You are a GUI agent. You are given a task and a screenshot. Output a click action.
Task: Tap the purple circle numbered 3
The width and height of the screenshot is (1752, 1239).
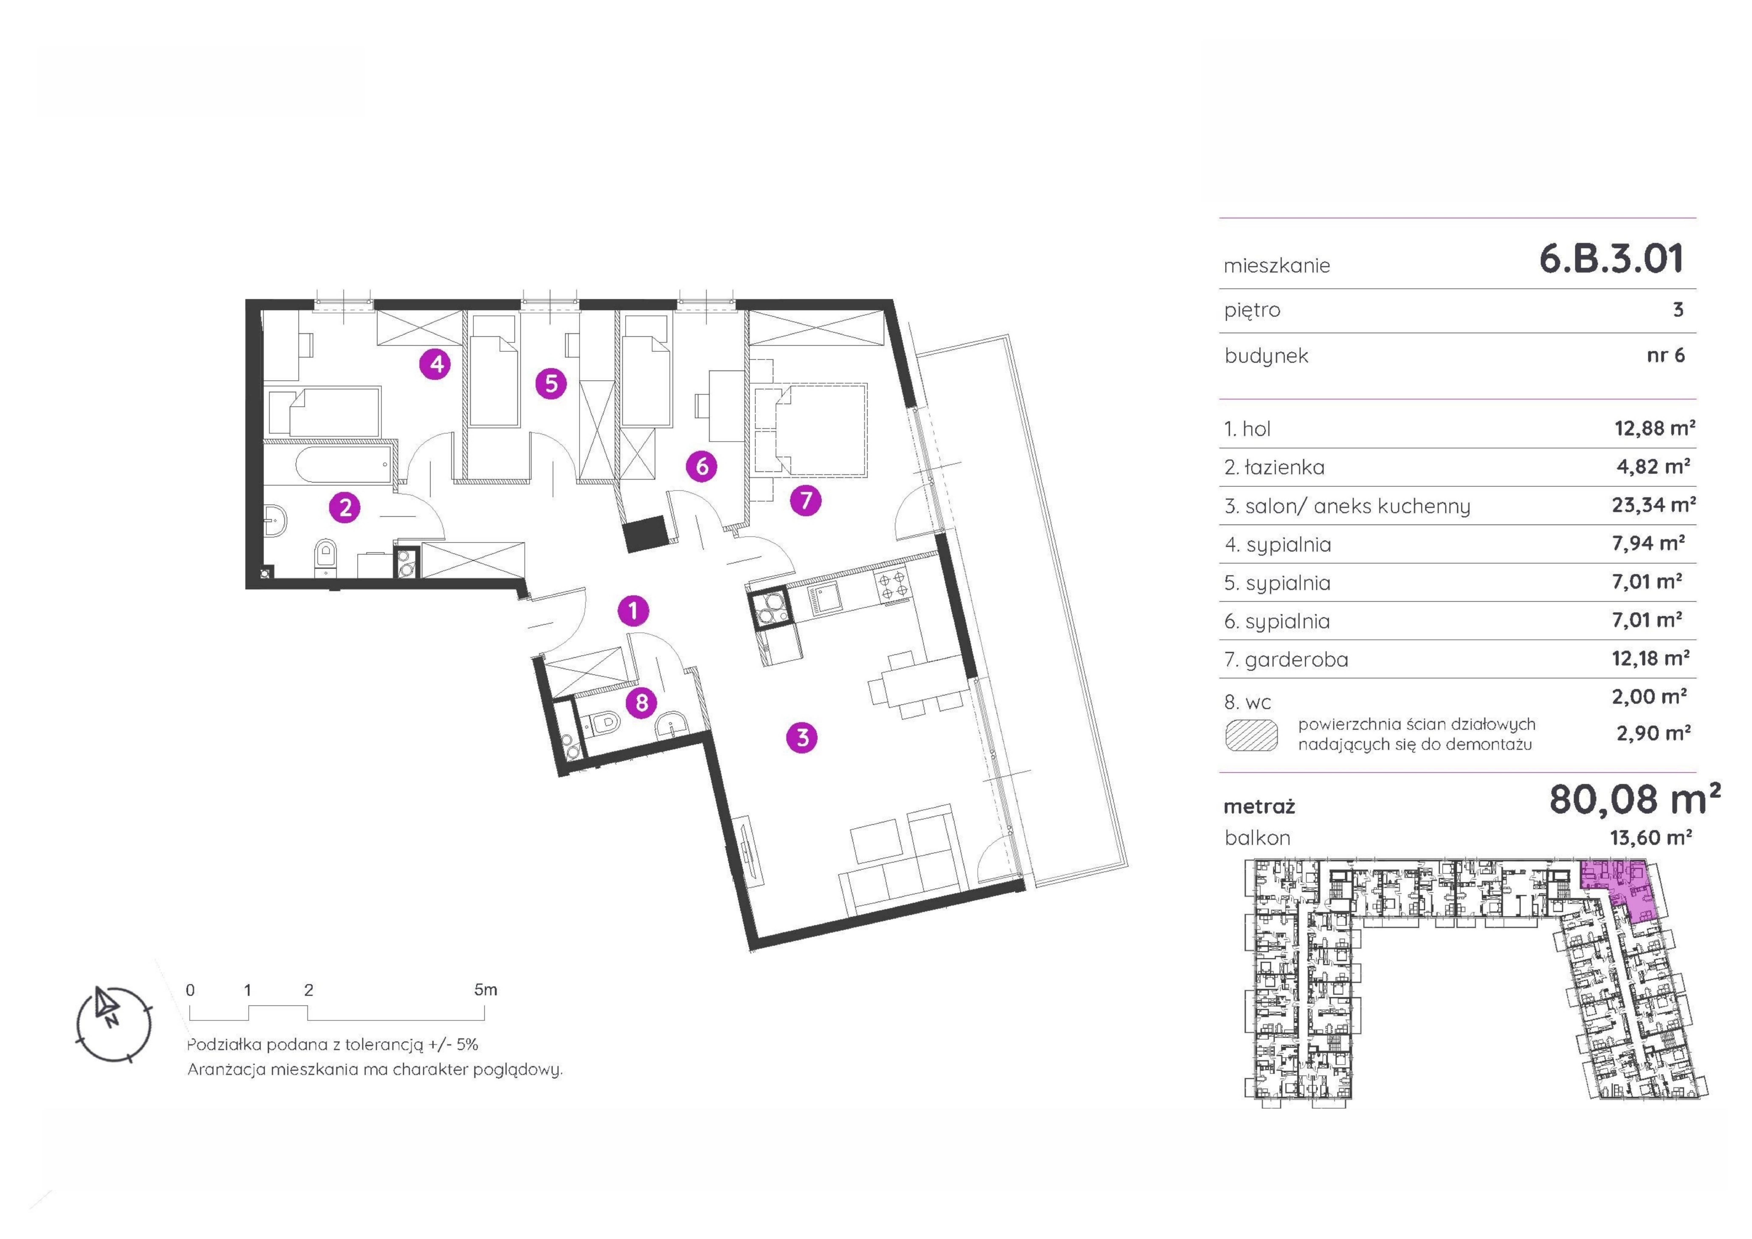point(802,737)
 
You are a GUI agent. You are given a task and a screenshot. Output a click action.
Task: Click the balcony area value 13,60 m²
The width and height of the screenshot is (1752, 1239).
point(1650,838)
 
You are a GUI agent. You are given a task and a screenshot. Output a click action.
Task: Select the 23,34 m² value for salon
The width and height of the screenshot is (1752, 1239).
point(1653,505)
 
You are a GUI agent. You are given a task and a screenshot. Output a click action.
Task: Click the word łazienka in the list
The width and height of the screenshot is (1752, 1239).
point(1284,467)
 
